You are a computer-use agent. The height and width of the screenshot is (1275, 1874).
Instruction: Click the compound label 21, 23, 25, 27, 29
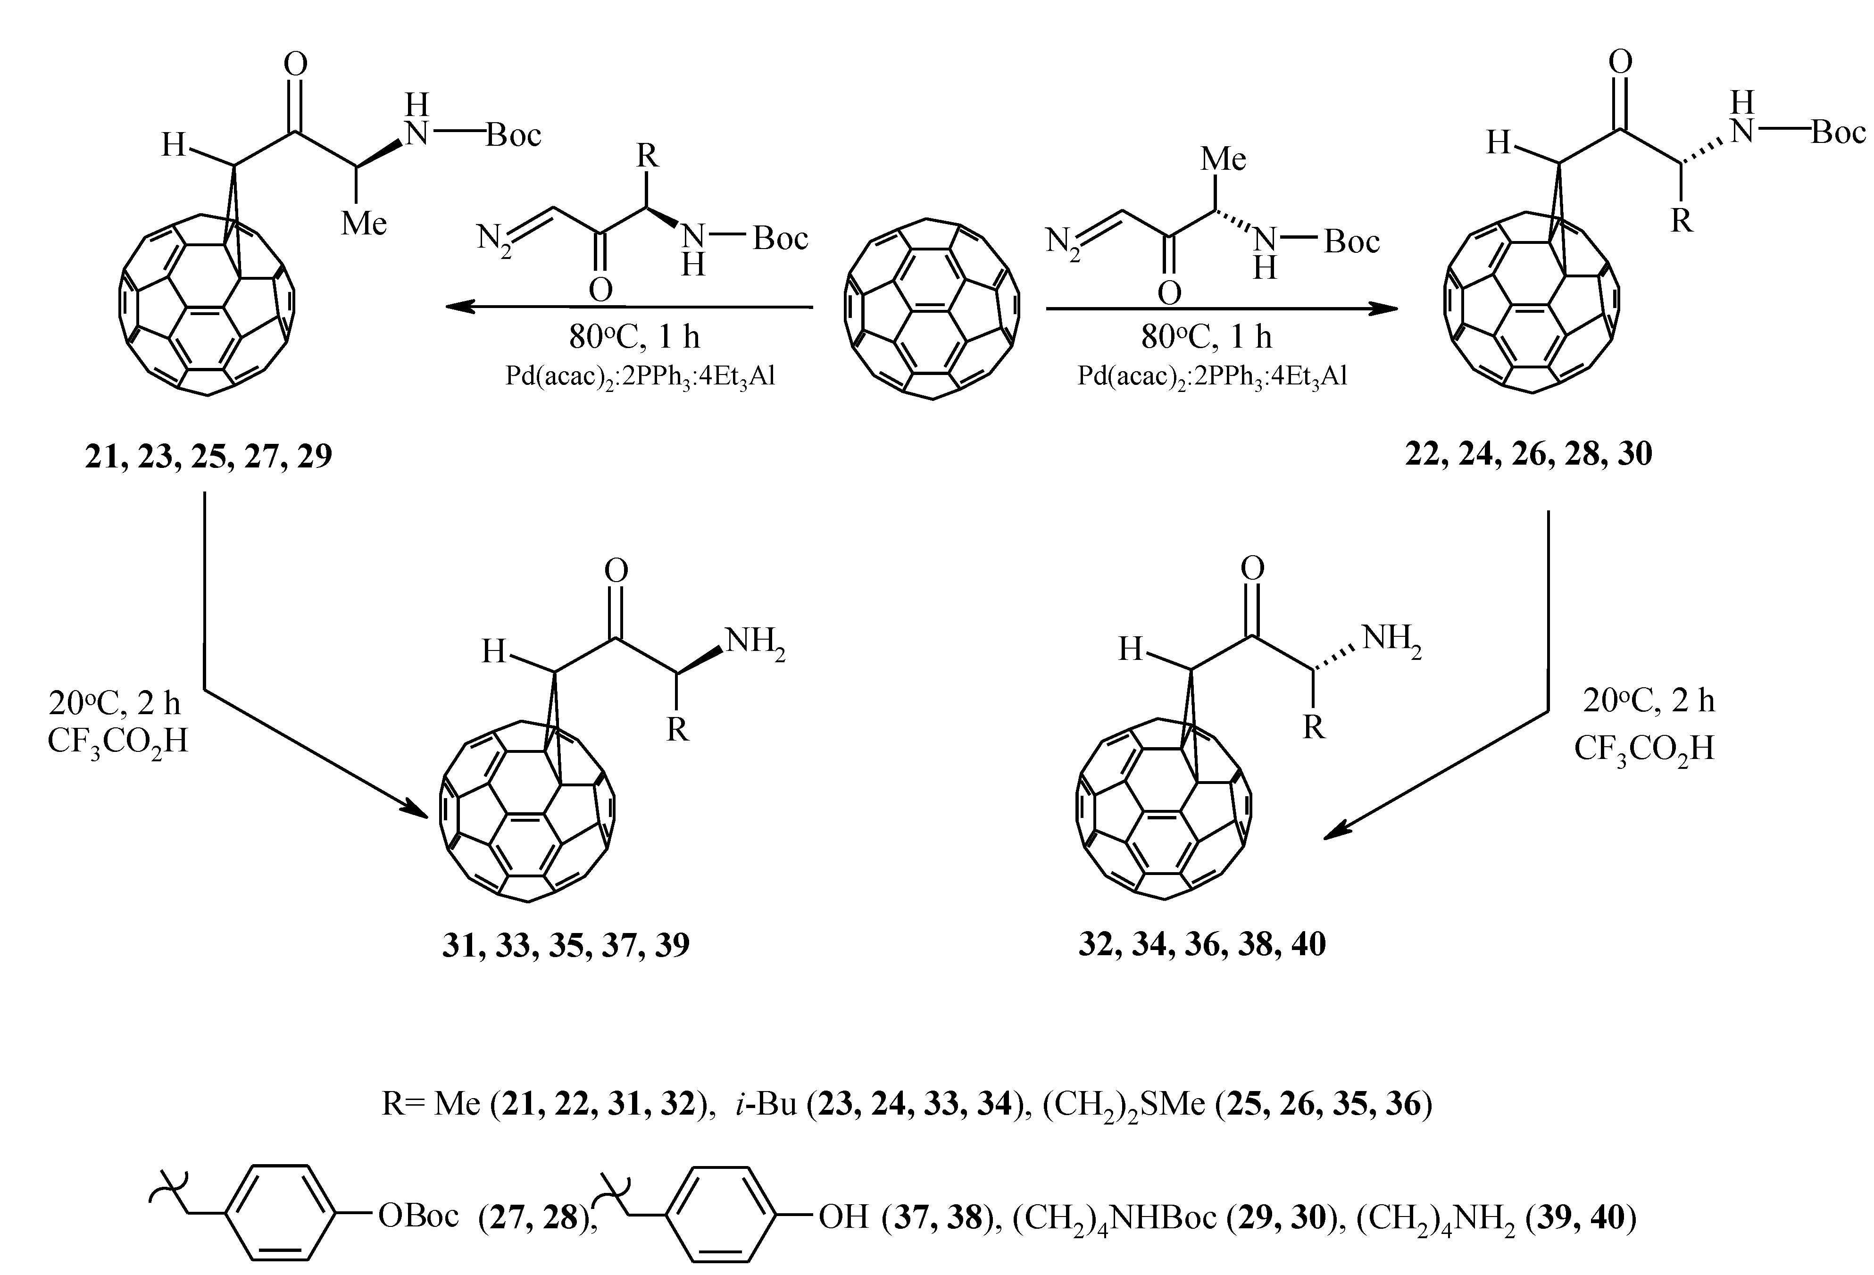coord(208,457)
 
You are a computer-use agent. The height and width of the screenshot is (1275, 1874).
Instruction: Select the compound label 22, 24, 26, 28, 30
coord(1528,454)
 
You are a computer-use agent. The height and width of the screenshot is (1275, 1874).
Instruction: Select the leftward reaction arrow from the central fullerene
coord(629,307)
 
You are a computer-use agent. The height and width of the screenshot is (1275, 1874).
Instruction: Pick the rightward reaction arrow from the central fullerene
coord(1222,308)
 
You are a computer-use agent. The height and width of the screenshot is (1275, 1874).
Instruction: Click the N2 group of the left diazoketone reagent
coord(493,240)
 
